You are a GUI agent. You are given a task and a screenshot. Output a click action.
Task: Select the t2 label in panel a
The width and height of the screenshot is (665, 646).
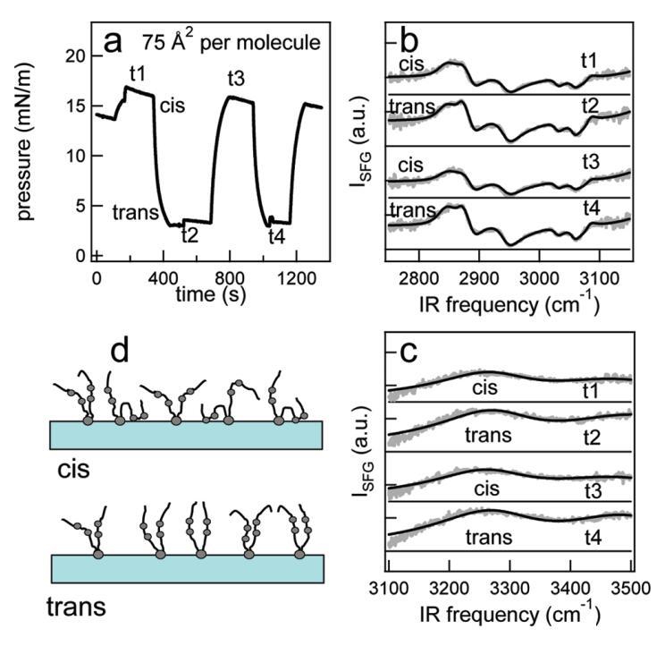(189, 236)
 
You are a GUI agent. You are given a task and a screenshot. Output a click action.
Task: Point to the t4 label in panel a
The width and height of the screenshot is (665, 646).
(281, 236)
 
